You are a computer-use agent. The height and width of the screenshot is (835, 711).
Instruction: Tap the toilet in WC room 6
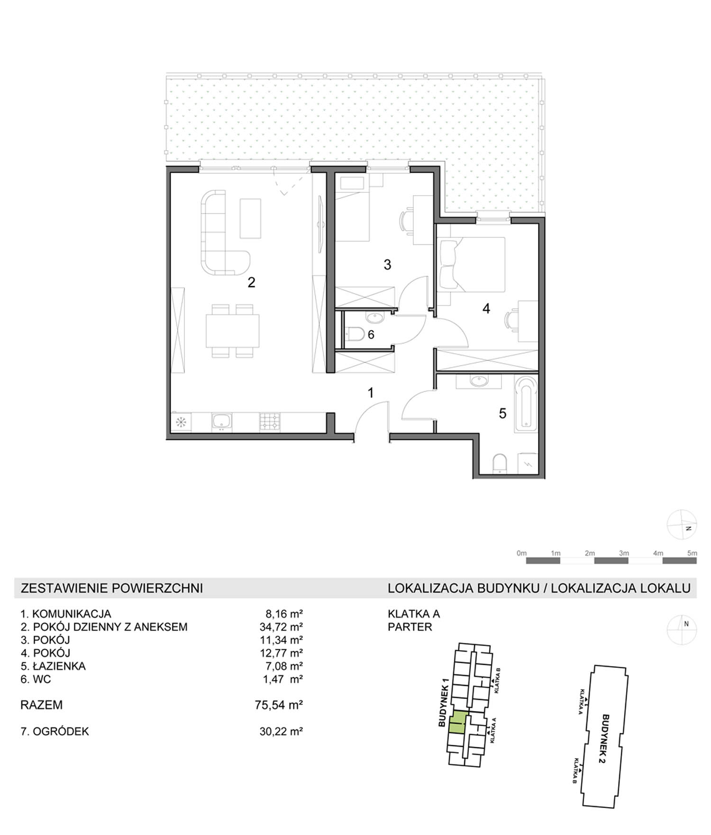[x=355, y=335]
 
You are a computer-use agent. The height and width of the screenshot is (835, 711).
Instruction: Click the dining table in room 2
[x=233, y=331]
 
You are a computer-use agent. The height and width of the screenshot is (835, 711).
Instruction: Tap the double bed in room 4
[x=472, y=263]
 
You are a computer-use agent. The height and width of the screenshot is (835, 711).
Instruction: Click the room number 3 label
[x=387, y=265]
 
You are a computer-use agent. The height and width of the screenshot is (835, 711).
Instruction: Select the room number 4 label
[x=486, y=309]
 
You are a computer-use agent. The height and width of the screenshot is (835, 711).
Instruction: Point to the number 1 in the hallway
[x=371, y=393]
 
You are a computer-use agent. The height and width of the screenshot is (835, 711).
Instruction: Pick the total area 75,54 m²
[x=279, y=705]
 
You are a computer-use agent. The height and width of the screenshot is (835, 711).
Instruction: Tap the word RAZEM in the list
[x=41, y=705]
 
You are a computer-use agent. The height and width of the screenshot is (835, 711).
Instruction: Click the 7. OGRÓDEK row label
[x=55, y=731]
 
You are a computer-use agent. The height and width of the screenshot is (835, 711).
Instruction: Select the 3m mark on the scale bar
[x=624, y=553]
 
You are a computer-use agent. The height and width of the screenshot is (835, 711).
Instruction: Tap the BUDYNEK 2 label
[x=603, y=739]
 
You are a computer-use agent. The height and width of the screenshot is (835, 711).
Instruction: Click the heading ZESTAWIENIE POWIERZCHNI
[x=112, y=588]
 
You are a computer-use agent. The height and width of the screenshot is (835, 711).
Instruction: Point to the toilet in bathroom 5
[x=500, y=464]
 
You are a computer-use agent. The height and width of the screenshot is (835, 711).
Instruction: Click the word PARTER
[x=410, y=627]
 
